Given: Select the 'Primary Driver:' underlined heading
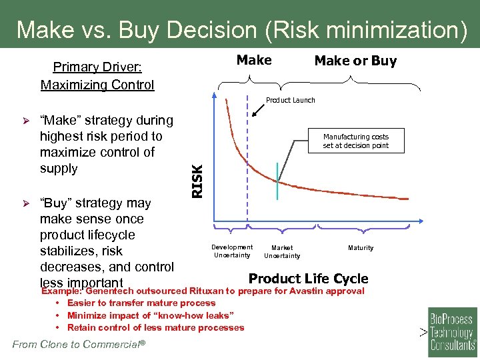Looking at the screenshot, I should coord(97,67).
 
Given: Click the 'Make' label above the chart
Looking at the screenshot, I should coord(254,60).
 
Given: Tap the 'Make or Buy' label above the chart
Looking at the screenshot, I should coord(355,61).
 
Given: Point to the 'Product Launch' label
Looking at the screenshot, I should coord(290,100).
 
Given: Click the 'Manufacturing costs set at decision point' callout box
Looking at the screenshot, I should coord(355,141).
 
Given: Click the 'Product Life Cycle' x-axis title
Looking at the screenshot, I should coord(308,278).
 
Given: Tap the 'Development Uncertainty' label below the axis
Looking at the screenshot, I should coord(232,251).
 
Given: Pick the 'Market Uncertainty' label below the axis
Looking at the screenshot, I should coord(282,251).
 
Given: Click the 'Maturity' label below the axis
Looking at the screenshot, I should coord(361,248).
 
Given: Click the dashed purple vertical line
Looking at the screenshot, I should coord(247,167).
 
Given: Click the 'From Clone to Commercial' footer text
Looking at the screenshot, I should coord(79,344).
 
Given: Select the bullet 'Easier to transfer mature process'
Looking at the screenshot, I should coord(141,303).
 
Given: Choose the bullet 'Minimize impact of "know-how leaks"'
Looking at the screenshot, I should coord(150,315).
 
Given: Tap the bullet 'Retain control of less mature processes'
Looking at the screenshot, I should coord(155,327).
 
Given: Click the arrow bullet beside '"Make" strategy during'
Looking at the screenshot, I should coord(28,121).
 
